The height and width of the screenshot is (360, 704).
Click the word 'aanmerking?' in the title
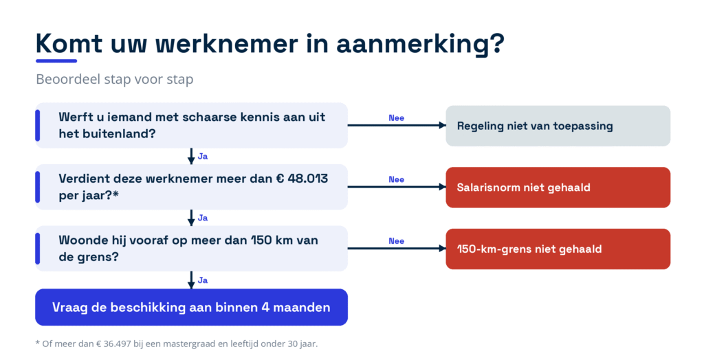[x=420, y=44]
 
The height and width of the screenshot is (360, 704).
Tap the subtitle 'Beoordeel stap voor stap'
[x=115, y=80]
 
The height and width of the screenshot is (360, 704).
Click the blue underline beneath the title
[x=56, y=60]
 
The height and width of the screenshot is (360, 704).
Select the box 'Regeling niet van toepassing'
[x=558, y=126]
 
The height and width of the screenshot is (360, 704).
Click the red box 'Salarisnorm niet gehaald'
[x=558, y=187]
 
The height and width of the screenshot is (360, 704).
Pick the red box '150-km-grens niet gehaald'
[x=558, y=249]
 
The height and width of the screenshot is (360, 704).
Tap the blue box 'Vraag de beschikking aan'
[x=191, y=307]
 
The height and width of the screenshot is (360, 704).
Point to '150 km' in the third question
[x=267, y=240]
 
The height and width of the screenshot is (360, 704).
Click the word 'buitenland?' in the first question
[x=118, y=134]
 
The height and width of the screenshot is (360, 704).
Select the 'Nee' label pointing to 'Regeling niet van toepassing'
[x=397, y=118]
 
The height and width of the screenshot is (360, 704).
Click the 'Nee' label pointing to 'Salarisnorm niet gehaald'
[x=397, y=179]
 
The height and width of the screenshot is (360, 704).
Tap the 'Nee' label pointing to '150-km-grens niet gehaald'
[x=397, y=241]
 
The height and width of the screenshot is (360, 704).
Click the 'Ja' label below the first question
[x=203, y=157]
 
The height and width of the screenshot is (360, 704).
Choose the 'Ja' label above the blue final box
[x=203, y=280]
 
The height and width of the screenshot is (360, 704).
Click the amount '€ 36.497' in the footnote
[x=113, y=344]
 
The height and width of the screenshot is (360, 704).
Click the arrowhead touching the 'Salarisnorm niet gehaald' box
[x=442, y=187]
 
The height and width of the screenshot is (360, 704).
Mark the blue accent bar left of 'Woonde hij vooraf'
[x=38, y=249]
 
